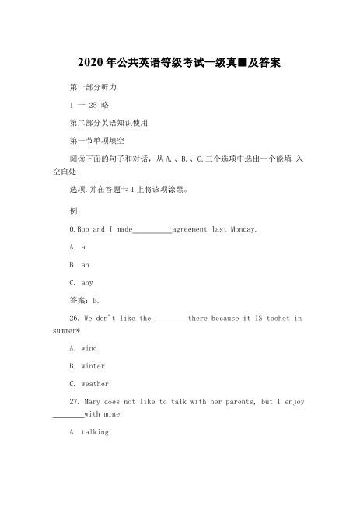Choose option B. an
click(79, 265)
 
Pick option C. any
click(81, 283)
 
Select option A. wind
click(83, 349)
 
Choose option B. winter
click(87, 366)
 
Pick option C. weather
click(89, 384)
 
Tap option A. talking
click(89, 432)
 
